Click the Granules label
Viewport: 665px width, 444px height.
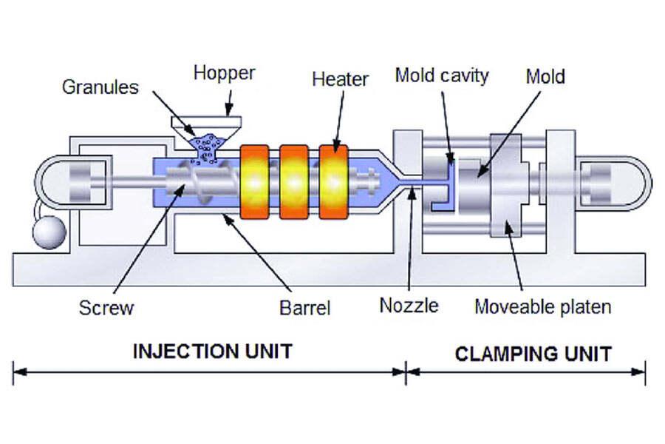pos(100,87)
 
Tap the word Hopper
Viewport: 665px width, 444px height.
pos(224,73)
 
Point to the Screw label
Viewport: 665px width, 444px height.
pos(106,307)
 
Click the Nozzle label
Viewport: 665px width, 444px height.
pos(409,305)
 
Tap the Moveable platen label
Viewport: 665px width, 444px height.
pos(542,306)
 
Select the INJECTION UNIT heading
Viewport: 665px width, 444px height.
pos(212,351)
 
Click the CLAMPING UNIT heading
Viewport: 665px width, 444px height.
pos(533,354)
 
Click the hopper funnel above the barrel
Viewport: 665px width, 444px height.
pos(206,124)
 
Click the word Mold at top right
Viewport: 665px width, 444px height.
pos(545,75)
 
